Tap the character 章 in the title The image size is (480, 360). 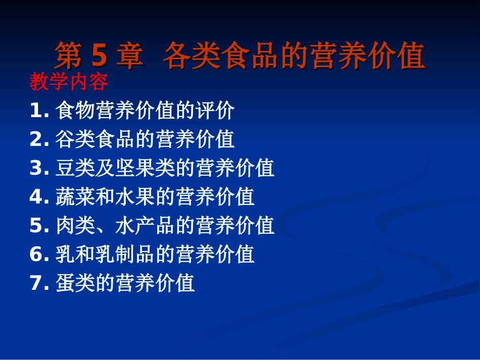pyautogui.click(x=129, y=56)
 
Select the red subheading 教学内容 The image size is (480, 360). pyautogui.click(x=69, y=82)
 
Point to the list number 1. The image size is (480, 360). pyautogui.click(x=37, y=111)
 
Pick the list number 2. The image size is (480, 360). pyautogui.click(x=37, y=139)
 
